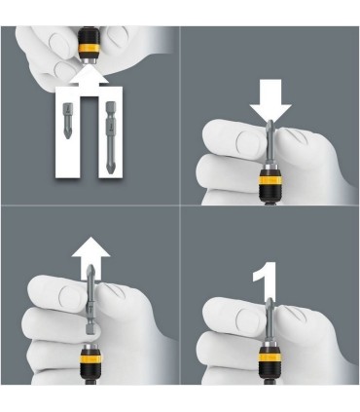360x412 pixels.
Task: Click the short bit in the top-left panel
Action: (67, 120)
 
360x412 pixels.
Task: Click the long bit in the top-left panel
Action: (111, 136)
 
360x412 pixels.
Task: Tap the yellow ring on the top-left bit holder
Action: (90, 49)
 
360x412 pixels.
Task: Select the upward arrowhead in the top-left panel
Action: (90, 75)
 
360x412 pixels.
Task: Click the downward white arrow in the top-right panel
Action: (270, 99)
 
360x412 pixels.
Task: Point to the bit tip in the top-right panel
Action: (270, 126)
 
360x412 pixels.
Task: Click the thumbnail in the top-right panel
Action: (248, 143)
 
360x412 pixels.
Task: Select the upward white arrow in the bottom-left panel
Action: (91, 255)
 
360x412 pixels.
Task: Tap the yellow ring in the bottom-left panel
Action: (90, 359)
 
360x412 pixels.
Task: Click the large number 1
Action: (266, 281)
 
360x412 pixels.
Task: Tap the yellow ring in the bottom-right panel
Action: (269, 357)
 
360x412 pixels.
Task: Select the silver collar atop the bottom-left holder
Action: (90, 348)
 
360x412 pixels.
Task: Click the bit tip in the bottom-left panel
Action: (90, 272)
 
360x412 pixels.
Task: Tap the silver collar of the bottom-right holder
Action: (269, 344)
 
